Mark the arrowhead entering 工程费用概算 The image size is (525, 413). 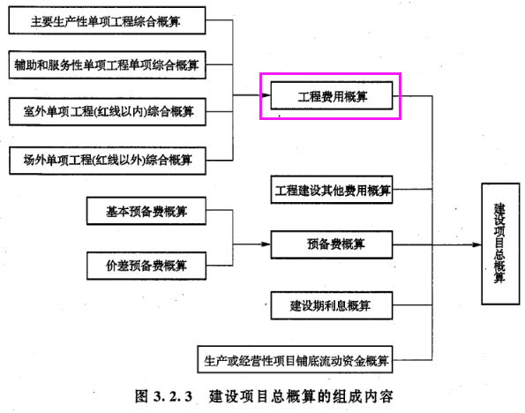pos(266,95)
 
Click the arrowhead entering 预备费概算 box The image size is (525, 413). pos(266,244)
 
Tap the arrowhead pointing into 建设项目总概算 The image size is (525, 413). pos(477,244)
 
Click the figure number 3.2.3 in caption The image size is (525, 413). pos(173,396)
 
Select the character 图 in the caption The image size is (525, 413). pos(142,396)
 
